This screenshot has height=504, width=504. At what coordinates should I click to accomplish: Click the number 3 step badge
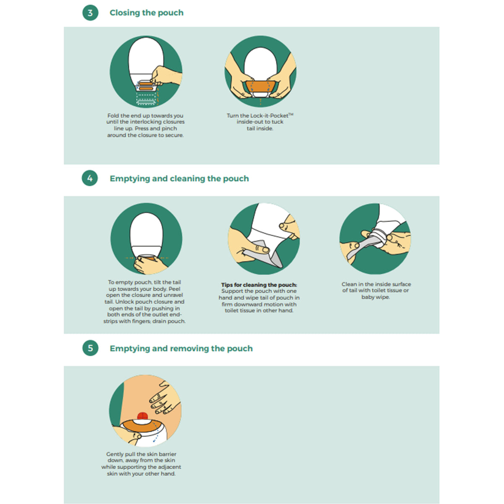pyautogui.click(x=90, y=13)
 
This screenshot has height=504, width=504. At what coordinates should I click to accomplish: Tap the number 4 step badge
pyautogui.click(x=90, y=178)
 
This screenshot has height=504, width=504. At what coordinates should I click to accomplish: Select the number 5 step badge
pyautogui.click(x=90, y=348)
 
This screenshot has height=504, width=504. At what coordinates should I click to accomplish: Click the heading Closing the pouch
pyautogui.click(x=147, y=13)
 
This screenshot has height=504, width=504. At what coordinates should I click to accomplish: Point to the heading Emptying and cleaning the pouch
pyautogui.click(x=179, y=178)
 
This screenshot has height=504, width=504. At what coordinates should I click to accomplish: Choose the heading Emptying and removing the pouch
pyautogui.click(x=181, y=348)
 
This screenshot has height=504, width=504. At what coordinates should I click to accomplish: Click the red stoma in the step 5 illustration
pyautogui.click(x=142, y=416)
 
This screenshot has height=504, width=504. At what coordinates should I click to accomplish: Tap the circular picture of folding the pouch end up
pyautogui.click(x=146, y=71)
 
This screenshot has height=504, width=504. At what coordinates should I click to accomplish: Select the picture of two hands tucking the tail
pyautogui.click(x=260, y=71)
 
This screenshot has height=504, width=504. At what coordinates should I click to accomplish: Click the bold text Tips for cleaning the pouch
pyautogui.click(x=259, y=285)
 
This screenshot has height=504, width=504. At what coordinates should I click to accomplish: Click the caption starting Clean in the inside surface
pyautogui.click(x=376, y=290)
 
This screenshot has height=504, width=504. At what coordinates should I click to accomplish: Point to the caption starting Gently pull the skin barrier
pyautogui.click(x=141, y=464)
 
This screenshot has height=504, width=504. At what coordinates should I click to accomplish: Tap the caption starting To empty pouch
pyautogui.click(x=144, y=302)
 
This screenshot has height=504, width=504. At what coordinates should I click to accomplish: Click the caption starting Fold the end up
pyautogui.click(x=145, y=125)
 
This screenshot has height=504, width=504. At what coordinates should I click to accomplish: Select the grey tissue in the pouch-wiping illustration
pyautogui.click(x=264, y=255)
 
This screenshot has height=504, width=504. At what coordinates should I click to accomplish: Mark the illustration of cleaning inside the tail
pyautogui.click(x=375, y=239)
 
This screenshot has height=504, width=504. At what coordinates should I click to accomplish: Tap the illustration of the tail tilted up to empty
pyautogui.click(x=146, y=239)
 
